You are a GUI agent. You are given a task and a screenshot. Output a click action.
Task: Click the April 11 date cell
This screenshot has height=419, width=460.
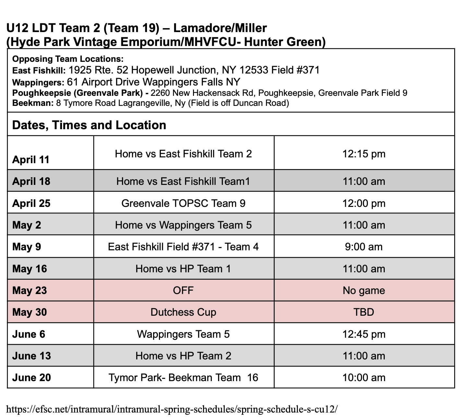click(x=31, y=160)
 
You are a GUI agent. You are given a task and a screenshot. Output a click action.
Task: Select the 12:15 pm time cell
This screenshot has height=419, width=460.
click(x=364, y=153)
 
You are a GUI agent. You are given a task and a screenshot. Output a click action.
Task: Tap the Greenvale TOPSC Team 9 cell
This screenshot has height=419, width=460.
click(x=183, y=203)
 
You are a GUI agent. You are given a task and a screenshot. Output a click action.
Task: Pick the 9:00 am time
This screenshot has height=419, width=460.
click(x=364, y=247)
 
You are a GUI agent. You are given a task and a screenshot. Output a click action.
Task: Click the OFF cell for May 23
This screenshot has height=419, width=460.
click(x=183, y=290)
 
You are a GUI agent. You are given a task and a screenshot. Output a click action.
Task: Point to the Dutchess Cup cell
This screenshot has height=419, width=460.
click(x=183, y=312)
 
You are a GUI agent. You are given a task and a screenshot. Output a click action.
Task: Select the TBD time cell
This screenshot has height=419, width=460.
click(x=364, y=312)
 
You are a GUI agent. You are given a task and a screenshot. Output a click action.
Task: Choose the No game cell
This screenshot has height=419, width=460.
click(x=364, y=290)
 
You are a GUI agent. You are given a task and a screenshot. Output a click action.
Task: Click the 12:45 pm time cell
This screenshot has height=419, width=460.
click(x=364, y=334)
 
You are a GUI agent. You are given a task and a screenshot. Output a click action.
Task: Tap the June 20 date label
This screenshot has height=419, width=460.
click(x=31, y=378)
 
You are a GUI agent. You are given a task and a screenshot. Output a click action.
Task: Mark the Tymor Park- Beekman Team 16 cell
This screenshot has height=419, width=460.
click(x=183, y=378)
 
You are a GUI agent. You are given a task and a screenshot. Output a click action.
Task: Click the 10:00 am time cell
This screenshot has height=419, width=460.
click(x=364, y=378)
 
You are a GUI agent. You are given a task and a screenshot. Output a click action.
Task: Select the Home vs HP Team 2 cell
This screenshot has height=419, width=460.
click(x=183, y=356)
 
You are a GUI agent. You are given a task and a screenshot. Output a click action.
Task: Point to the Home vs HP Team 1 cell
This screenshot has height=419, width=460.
click(x=183, y=269)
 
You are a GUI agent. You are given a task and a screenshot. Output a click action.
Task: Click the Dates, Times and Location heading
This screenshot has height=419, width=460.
click(x=89, y=125)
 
